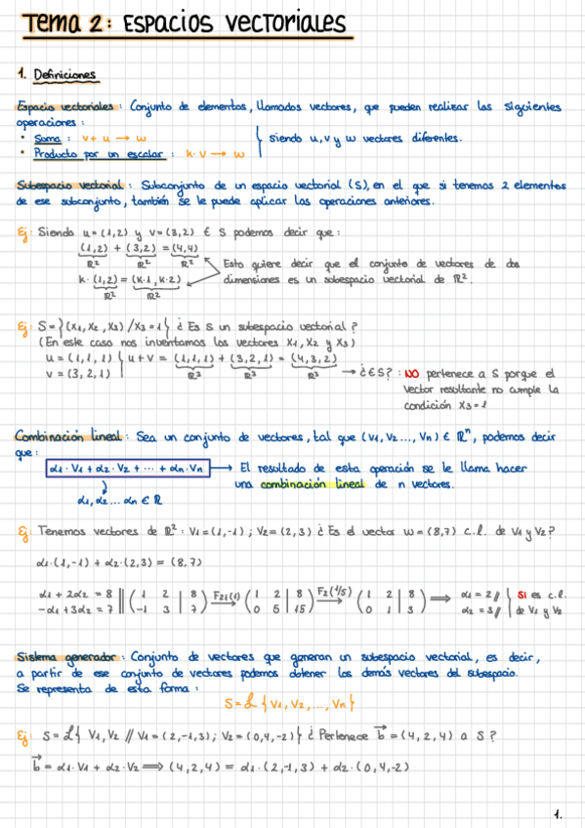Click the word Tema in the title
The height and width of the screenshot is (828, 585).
pyautogui.click(x=52, y=21)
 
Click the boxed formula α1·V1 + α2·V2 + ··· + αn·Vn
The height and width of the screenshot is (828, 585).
pyautogui.click(x=129, y=468)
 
